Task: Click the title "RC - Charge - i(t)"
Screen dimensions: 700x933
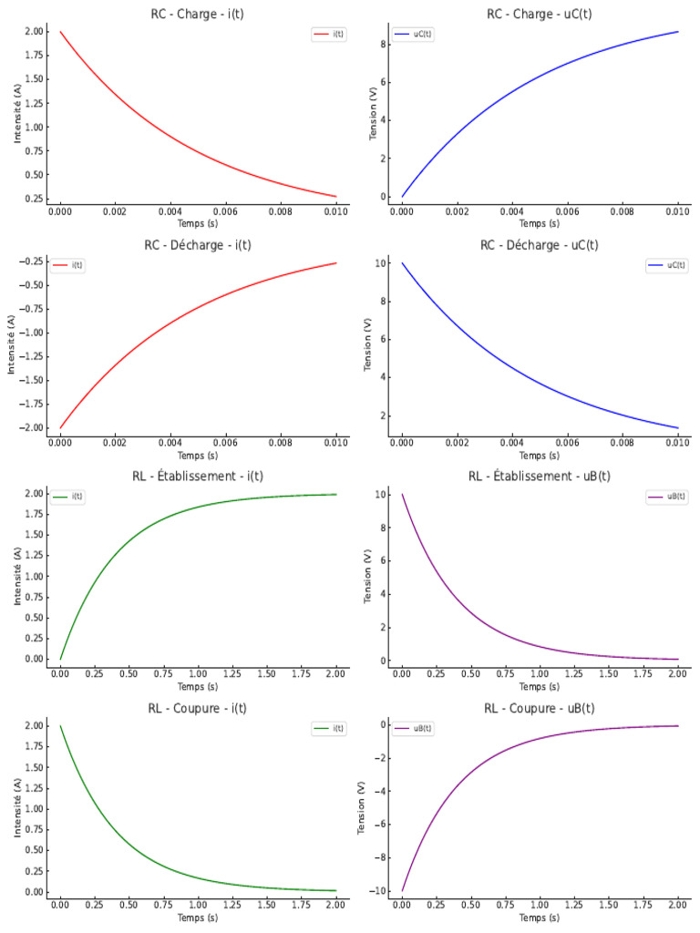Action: click(197, 14)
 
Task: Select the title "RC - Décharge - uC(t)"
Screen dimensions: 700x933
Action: click(540, 245)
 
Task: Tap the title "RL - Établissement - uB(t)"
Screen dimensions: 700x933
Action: click(540, 476)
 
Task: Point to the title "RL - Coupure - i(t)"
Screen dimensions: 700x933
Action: click(197, 708)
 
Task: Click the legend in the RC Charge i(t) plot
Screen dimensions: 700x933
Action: click(328, 35)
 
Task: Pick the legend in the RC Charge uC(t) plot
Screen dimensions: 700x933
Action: click(413, 35)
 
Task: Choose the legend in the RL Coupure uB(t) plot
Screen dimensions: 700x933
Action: click(413, 728)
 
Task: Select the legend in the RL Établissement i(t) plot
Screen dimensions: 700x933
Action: click(67, 497)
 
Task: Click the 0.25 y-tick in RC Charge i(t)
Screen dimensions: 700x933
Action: click(34, 198)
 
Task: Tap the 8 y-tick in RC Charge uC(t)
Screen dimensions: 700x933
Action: click(384, 44)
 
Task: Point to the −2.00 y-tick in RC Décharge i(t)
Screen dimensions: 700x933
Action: click(30, 428)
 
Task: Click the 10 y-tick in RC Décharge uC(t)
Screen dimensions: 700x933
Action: click(381, 263)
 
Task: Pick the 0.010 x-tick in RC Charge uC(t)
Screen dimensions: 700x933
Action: click(677, 211)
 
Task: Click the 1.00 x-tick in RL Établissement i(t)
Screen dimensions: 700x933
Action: click(198, 673)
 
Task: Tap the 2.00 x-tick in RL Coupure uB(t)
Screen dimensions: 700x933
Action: click(677, 905)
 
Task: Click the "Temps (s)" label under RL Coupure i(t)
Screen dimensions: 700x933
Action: click(198, 918)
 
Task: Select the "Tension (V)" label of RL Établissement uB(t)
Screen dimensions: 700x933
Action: click(367, 576)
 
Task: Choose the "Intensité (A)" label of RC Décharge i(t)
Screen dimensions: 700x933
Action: click(11, 344)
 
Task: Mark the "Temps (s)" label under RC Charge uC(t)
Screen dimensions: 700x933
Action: click(540, 224)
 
